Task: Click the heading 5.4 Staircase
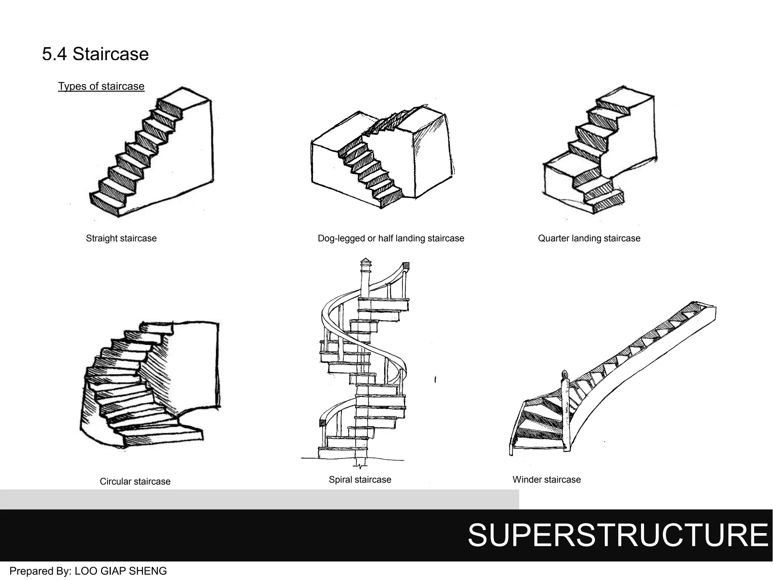(x=95, y=54)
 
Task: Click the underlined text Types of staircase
(x=101, y=86)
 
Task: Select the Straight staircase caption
(x=121, y=238)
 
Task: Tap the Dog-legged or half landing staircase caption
(x=391, y=238)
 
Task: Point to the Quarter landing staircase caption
(x=589, y=238)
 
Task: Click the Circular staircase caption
(x=135, y=481)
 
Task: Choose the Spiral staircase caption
(x=360, y=480)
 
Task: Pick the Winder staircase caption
(x=546, y=480)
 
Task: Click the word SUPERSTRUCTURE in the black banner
(x=617, y=535)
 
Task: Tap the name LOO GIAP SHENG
(x=121, y=571)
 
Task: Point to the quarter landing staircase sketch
(x=600, y=151)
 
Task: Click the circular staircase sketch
(x=151, y=385)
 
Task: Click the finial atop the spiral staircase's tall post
(x=365, y=261)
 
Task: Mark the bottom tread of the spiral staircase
(x=343, y=452)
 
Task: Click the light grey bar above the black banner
(x=259, y=499)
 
